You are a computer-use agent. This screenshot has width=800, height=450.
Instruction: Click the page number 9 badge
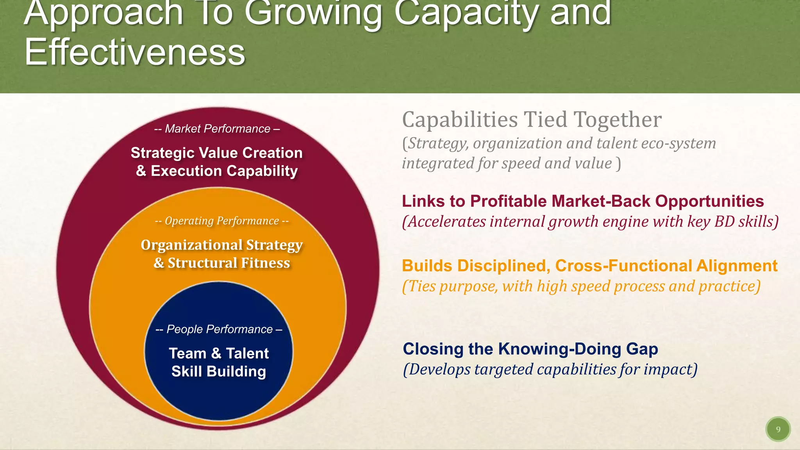(778, 429)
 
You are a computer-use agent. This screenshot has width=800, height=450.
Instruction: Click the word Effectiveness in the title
(135, 53)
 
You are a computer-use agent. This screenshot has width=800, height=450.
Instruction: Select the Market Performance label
(217, 129)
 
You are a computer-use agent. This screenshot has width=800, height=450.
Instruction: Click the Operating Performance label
(221, 221)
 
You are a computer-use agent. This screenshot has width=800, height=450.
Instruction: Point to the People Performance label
(219, 329)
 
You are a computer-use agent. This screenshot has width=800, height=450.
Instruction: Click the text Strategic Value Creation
(216, 153)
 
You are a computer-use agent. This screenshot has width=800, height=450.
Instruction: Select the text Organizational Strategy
(221, 245)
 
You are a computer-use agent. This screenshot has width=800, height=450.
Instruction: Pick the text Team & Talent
(219, 354)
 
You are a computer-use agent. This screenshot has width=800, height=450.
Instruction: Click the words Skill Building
(219, 371)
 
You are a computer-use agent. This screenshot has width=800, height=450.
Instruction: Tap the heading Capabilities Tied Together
(532, 120)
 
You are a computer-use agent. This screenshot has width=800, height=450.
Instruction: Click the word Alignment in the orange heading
(737, 266)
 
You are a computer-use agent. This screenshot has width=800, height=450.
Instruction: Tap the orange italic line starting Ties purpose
(581, 286)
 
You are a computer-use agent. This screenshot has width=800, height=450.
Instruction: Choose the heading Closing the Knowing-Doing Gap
(530, 349)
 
